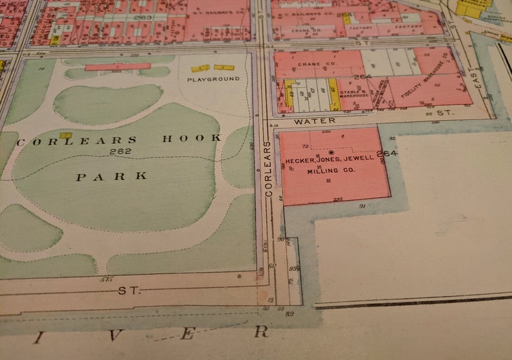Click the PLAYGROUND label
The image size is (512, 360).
(x=213, y=79)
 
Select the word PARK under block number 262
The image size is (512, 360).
(x=112, y=176)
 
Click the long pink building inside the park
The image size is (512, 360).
(x=118, y=66)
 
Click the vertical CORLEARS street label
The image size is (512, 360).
(x=267, y=169)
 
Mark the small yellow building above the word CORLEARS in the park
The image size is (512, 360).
(x=65, y=135)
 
